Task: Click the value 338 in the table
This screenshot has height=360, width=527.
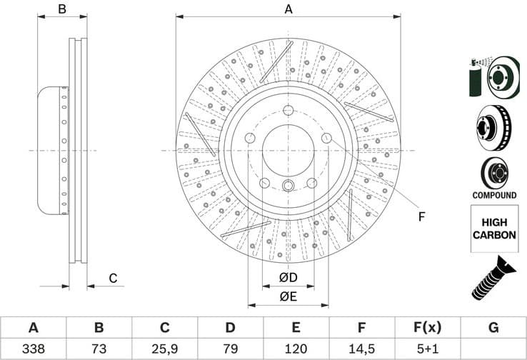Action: click(33, 350)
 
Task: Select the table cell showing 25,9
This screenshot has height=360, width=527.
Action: click(164, 350)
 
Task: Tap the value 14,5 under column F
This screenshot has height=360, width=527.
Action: click(362, 350)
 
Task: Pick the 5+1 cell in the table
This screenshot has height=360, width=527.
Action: click(427, 350)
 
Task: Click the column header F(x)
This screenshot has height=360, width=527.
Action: click(427, 328)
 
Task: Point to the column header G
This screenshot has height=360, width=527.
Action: click(493, 328)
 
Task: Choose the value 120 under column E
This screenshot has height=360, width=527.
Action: click(296, 350)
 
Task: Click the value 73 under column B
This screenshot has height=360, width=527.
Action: click(99, 350)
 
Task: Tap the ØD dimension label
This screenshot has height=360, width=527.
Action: click(288, 276)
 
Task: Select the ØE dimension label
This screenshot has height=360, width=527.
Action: click(288, 296)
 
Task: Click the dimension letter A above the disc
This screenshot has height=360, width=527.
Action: click(288, 9)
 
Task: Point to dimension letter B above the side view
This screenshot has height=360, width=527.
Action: click(62, 9)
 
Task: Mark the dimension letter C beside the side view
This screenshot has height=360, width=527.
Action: click(113, 278)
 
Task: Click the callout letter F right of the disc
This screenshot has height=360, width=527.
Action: click(422, 216)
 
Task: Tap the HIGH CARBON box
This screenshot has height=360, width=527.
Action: click(493, 229)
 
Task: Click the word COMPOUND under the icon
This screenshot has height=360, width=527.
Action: click(493, 195)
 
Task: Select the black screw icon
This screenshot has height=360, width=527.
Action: click(493, 279)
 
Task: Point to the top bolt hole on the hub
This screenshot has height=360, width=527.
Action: click(288, 110)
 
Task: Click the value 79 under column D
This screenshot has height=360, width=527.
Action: click(230, 350)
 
